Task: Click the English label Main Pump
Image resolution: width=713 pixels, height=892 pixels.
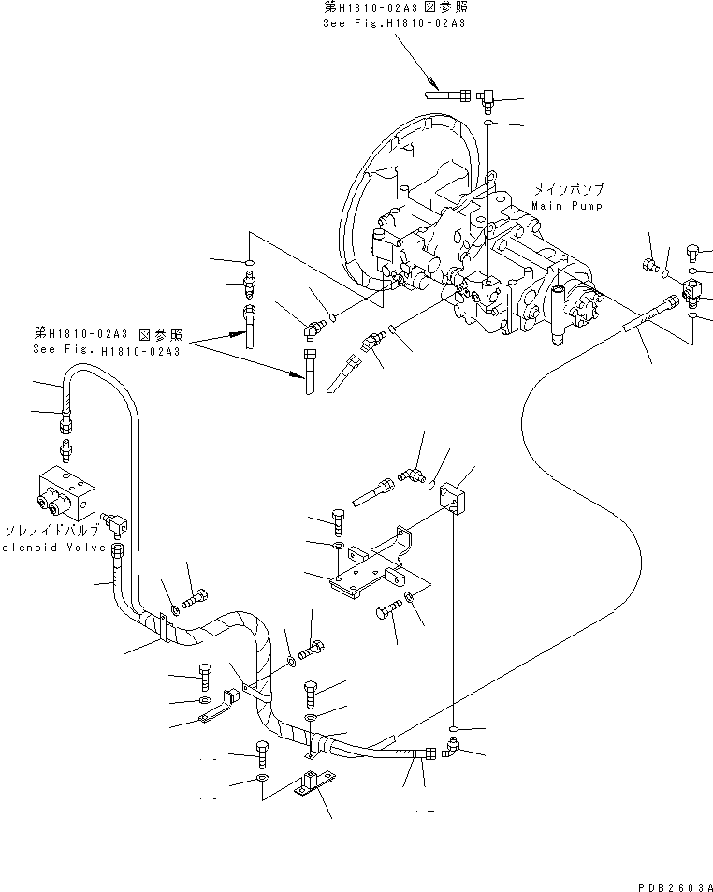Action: click(x=567, y=205)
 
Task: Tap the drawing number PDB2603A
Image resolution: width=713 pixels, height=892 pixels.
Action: click(x=672, y=885)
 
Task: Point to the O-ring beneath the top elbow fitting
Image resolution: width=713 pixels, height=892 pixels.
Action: click(x=488, y=123)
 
